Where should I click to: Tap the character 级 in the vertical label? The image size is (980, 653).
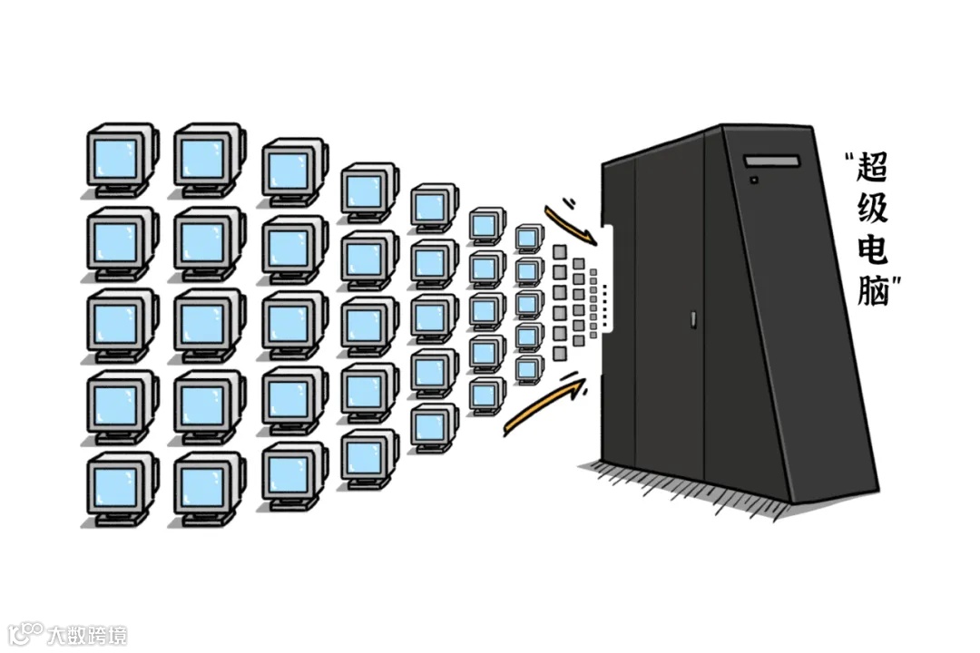[x=873, y=211]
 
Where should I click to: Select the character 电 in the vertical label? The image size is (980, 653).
[x=873, y=253]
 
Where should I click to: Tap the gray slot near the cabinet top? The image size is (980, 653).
[x=772, y=161]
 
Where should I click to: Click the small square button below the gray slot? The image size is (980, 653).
[x=754, y=180]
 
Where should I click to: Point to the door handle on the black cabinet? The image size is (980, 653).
[x=691, y=319]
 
